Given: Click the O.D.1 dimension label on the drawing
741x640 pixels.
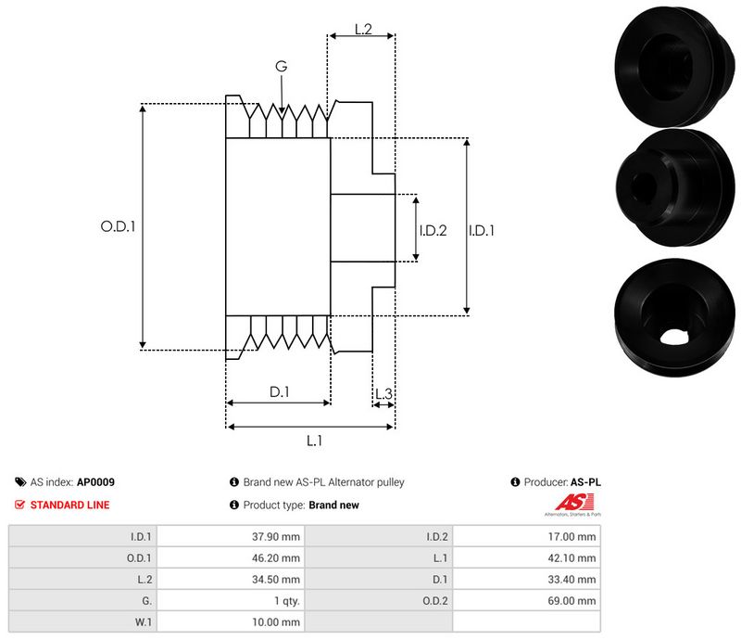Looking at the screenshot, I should point(118,225).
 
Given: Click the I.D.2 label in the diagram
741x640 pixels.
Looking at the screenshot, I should point(433,230).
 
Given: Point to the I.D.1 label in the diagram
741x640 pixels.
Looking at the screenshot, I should point(481,230).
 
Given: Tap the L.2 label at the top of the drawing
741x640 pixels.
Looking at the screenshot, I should point(363,30).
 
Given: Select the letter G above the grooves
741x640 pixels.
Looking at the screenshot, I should point(281,66).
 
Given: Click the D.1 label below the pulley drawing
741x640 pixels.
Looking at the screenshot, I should point(280,392).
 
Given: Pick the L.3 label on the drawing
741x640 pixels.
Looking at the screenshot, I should point(383,395).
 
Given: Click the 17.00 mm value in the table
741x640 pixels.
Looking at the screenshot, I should point(572,536).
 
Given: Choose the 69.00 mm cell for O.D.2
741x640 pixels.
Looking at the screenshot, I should point(572,600).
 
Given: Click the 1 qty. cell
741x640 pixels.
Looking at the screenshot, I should point(282,600).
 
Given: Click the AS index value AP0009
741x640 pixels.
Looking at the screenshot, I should point(96,482).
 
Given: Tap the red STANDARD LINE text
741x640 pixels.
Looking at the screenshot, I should point(70,505).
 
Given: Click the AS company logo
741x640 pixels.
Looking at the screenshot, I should point(571,506).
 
